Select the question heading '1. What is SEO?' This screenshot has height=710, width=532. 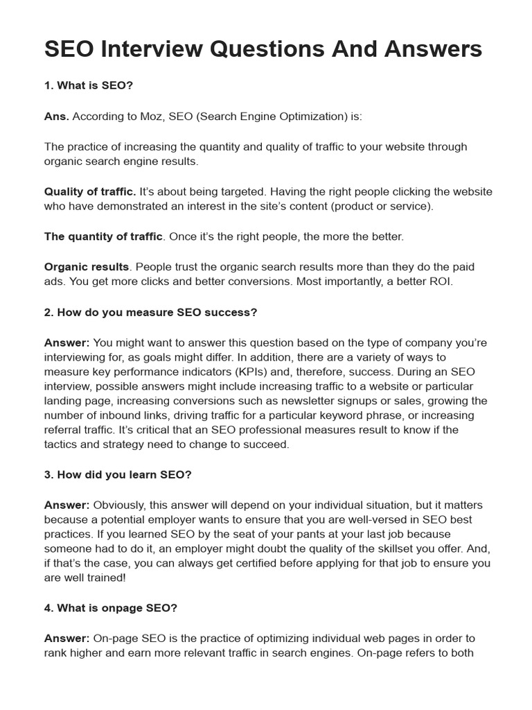[89, 86]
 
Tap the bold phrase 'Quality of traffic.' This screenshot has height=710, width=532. [90, 191]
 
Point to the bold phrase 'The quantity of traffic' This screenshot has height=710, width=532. [104, 236]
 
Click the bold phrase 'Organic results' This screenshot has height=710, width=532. [87, 267]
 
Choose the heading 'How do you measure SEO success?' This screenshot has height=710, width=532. [157, 312]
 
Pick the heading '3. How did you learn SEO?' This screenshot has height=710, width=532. [118, 474]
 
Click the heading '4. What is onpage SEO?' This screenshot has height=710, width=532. [111, 608]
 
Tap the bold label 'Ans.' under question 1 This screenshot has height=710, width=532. [56, 116]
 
